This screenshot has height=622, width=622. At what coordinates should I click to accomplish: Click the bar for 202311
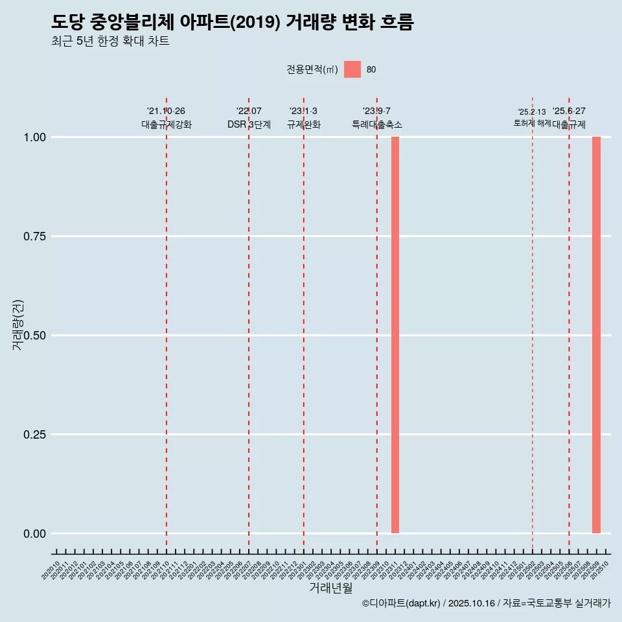click(x=395, y=335)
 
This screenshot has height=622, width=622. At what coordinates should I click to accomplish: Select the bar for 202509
click(x=596, y=335)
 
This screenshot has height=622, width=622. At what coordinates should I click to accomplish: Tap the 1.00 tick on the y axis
click(x=35, y=137)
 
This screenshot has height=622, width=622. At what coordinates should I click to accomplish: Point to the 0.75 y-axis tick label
click(x=35, y=236)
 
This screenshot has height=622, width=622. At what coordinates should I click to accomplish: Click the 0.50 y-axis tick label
click(x=35, y=336)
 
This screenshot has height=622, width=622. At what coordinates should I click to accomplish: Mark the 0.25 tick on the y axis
click(x=35, y=435)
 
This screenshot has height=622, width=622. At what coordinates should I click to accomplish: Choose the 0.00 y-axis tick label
click(x=35, y=534)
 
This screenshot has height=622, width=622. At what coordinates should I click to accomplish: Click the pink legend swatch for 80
click(x=352, y=69)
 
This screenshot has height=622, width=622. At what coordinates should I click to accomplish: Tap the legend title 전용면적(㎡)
click(x=312, y=69)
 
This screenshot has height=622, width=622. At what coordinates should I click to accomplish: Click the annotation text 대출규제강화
click(x=167, y=124)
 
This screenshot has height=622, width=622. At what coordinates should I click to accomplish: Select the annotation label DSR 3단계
click(x=249, y=124)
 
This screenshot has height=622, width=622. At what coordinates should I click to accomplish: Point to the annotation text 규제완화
click(x=304, y=124)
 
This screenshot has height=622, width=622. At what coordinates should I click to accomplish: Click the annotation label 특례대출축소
click(x=377, y=124)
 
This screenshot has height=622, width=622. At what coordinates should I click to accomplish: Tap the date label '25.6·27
click(x=569, y=111)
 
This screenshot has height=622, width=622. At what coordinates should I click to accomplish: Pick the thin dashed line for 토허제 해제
click(x=533, y=324)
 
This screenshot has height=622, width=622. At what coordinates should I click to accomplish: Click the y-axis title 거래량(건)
click(x=17, y=325)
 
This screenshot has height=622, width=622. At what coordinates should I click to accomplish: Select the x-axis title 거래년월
click(x=331, y=588)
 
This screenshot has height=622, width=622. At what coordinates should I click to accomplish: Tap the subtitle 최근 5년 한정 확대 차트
click(x=110, y=41)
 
